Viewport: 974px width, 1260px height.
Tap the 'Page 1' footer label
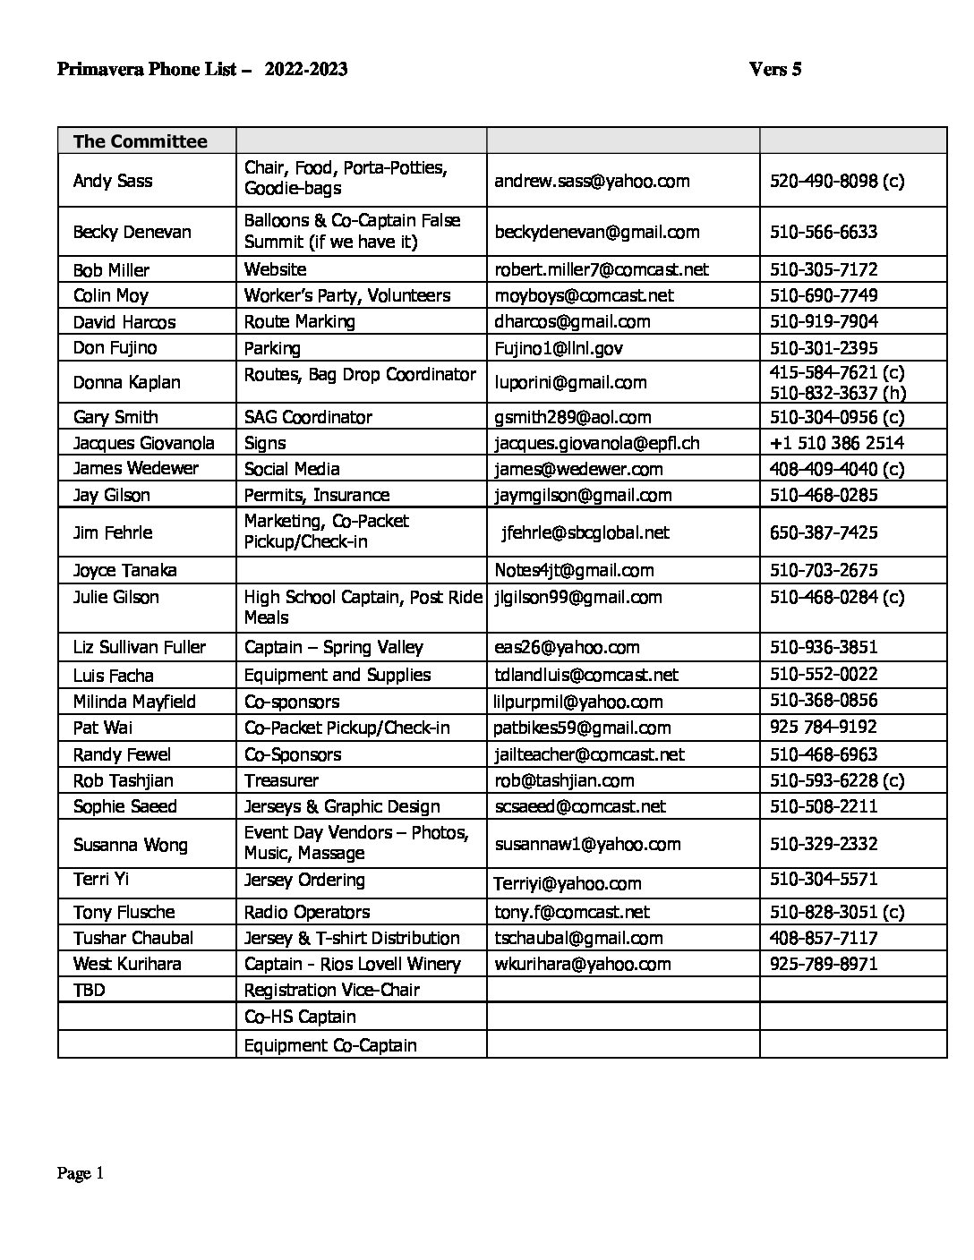click(81, 1173)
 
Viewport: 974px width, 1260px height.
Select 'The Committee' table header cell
click(140, 141)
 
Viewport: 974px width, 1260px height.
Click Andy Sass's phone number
click(836, 181)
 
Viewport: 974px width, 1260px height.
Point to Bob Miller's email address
click(601, 269)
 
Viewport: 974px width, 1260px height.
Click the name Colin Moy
click(110, 295)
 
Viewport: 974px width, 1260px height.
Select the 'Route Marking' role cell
click(299, 321)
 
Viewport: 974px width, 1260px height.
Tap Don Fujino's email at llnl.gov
click(558, 348)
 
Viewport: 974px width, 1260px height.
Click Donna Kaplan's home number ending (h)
click(837, 392)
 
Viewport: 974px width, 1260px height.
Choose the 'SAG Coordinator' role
click(308, 417)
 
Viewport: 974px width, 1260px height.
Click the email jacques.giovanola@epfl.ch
click(596, 443)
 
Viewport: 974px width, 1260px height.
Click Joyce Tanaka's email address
click(573, 570)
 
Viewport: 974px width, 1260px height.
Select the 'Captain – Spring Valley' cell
click(333, 647)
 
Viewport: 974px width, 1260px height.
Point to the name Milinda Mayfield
click(133, 702)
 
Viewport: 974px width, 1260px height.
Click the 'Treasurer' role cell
click(281, 780)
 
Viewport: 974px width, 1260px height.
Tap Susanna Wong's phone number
click(823, 844)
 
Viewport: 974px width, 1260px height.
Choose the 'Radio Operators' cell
click(306, 912)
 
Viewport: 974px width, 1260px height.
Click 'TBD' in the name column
click(89, 990)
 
